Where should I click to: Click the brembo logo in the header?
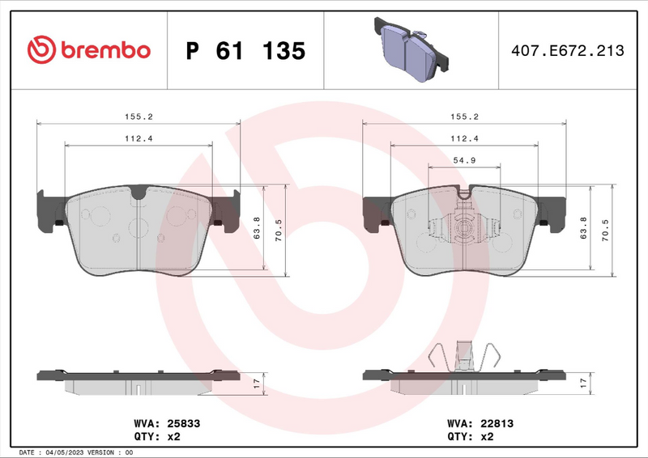click(89, 50)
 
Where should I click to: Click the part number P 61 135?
click(245, 51)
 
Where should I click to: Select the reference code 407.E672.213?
click(566, 51)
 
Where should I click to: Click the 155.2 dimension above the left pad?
click(139, 117)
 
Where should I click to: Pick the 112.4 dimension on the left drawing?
click(139, 138)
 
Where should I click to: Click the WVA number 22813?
click(496, 423)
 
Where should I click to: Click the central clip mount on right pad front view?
click(464, 229)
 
